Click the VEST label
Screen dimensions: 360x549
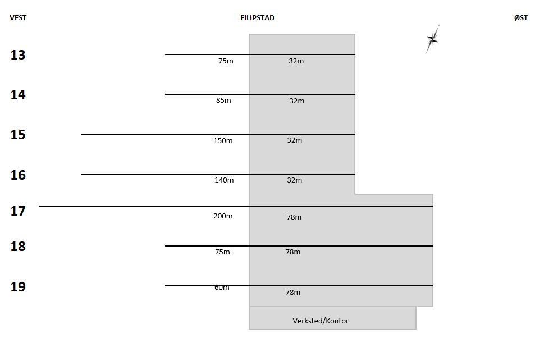pyautogui.click(x=18, y=18)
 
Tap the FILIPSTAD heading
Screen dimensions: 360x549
pyautogui.click(x=257, y=18)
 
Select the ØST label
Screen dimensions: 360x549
pyautogui.click(x=520, y=18)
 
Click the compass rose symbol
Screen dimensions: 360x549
pyautogui.click(x=432, y=39)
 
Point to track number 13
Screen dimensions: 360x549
pyautogui.click(x=18, y=55)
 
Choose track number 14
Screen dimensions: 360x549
pyautogui.click(x=18, y=95)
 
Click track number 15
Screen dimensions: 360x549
pyautogui.click(x=18, y=135)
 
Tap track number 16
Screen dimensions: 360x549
pyautogui.click(x=18, y=175)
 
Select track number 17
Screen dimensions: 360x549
pyautogui.click(x=18, y=212)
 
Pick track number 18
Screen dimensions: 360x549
pyautogui.click(x=18, y=247)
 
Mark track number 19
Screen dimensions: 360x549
pyautogui.click(x=18, y=287)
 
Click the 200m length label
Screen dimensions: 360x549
pyautogui.click(x=223, y=216)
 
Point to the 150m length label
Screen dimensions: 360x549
pyautogui.click(x=223, y=141)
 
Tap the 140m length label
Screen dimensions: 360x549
pyautogui.click(x=224, y=180)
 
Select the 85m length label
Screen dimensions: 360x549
pyautogui.click(x=223, y=101)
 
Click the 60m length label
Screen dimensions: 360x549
pyautogui.click(x=222, y=288)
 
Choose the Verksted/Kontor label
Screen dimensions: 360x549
pyautogui.click(x=321, y=321)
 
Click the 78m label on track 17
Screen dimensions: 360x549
pyautogui.click(x=294, y=217)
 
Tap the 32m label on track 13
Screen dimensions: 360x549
pyautogui.click(x=296, y=61)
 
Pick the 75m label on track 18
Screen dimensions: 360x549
pyautogui.click(x=222, y=252)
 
